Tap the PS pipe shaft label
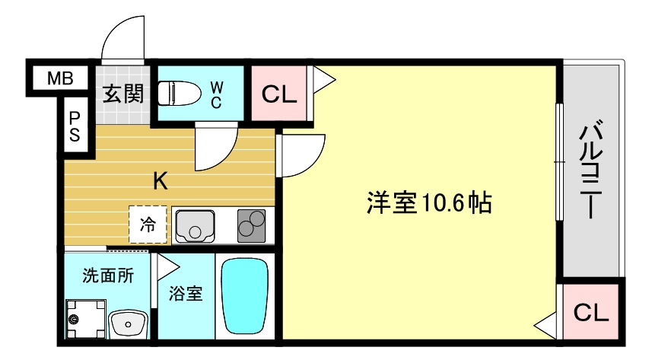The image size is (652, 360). (76, 127)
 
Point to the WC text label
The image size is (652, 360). (216, 94)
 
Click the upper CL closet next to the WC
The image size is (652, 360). (278, 94)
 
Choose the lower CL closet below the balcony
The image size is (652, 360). (590, 312)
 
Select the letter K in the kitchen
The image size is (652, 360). (161, 181)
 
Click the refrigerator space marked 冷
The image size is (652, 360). (148, 225)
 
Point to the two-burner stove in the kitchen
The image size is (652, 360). (252, 225)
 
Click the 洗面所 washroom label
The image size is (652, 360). (108, 276)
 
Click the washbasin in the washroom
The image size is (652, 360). (129, 323)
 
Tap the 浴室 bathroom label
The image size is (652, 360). (185, 292)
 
